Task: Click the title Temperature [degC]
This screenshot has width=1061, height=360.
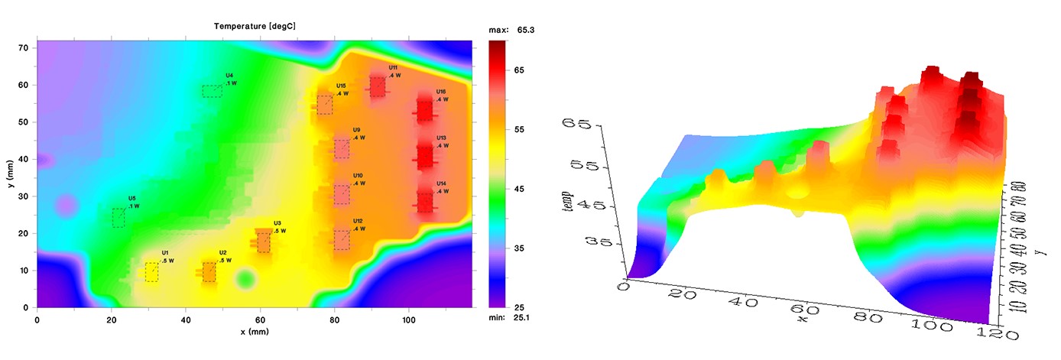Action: click(x=255, y=26)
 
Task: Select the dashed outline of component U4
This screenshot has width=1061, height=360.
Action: click(x=212, y=91)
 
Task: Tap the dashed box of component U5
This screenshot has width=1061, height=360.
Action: click(x=118, y=218)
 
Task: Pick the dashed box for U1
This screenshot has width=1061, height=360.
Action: click(x=152, y=271)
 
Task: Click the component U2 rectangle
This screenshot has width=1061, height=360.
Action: click(x=209, y=272)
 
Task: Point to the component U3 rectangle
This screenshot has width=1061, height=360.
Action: click(x=264, y=242)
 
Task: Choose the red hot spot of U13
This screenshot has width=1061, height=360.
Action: click(x=425, y=156)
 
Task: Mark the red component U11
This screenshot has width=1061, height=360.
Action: click(x=378, y=87)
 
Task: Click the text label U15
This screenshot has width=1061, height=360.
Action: click(x=341, y=86)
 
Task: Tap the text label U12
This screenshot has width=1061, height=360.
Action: click(x=358, y=221)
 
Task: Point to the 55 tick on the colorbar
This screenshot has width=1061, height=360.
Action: click(x=519, y=130)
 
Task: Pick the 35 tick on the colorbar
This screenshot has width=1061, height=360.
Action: click(x=519, y=248)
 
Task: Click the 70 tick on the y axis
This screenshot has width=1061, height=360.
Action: click(x=23, y=47)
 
